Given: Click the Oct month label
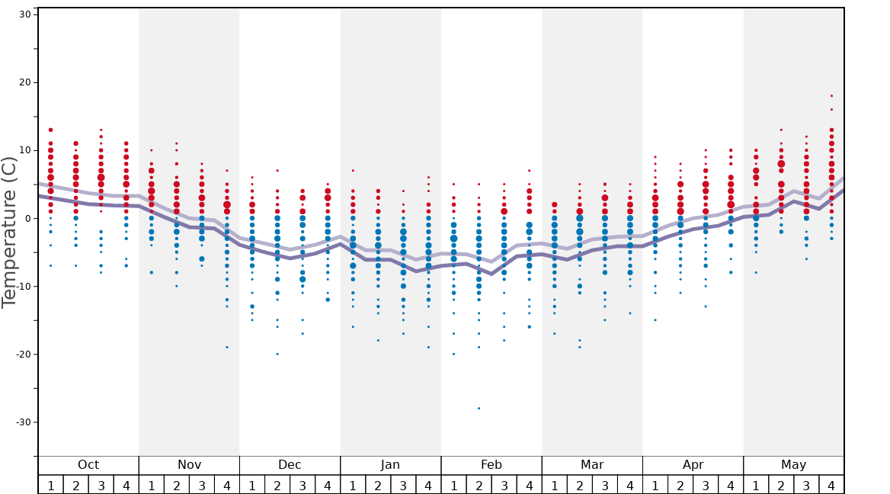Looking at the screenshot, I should (88, 465).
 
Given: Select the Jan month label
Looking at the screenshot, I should (390, 465).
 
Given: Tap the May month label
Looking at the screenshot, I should (793, 465).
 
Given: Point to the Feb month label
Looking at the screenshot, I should (491, 465).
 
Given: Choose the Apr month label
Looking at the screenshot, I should (693, 465).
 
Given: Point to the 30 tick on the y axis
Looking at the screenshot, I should (24, 14).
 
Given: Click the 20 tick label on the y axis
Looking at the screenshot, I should (24, 82).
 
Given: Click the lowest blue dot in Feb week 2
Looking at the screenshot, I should (479, 409).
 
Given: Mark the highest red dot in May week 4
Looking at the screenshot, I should (831, 96).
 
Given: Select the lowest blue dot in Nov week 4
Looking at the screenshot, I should (226, 348).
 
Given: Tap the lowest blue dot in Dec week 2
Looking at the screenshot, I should (277, 354).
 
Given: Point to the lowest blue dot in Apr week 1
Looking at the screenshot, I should (655, 320).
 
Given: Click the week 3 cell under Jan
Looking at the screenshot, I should (403, 485).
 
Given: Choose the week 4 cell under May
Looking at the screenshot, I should (831, 485).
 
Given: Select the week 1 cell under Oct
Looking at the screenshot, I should (50, 485).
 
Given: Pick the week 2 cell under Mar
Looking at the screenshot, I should (579, 485).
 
